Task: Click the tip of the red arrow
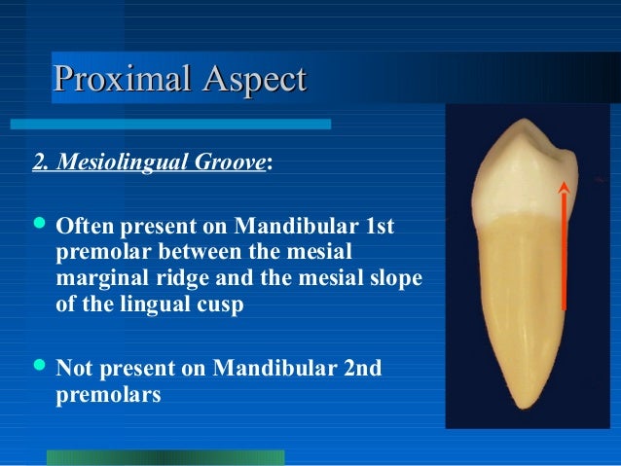click(x=564, y=184)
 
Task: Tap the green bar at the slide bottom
click(x=164, y=457)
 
